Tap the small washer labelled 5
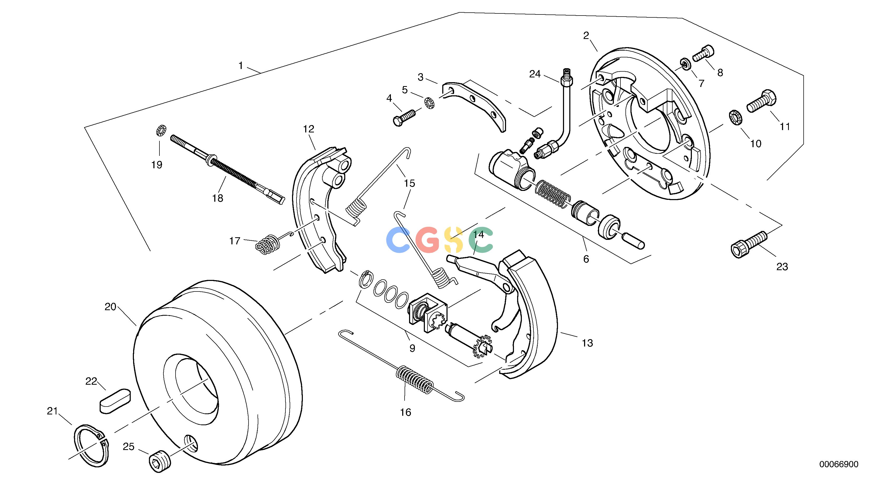(429, 103)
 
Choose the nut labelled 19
(160, 130)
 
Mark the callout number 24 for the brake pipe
(535, 74)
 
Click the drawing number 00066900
(839, 464)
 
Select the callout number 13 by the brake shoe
(587, 343)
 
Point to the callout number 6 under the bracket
(586, 259)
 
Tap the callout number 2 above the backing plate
(586, 36)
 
